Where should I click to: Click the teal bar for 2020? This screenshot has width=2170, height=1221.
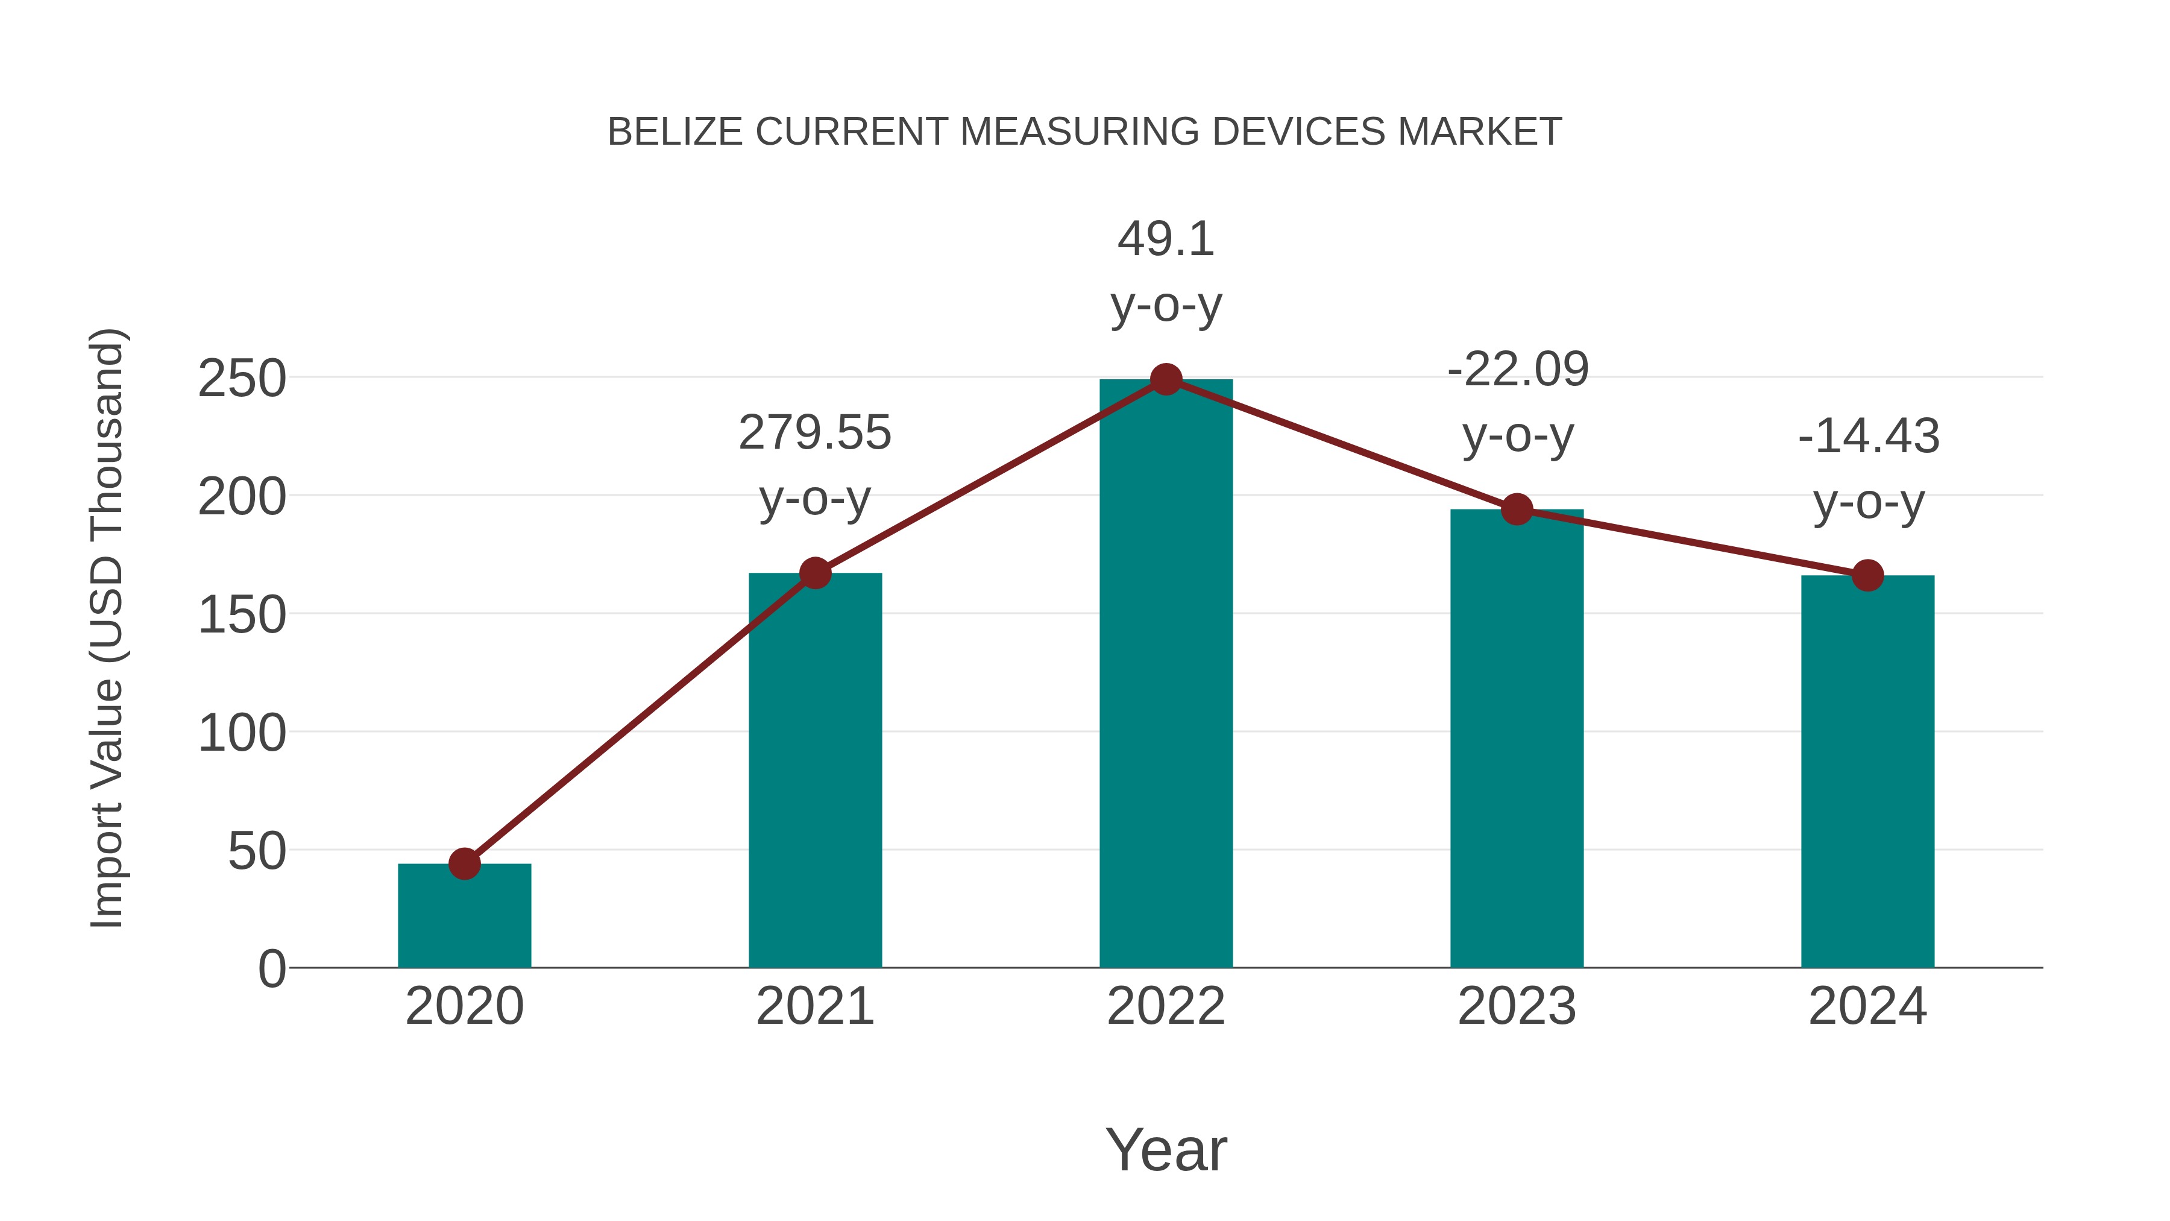tap(464, 918)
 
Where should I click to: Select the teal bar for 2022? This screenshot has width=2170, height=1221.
tap(1165, 674)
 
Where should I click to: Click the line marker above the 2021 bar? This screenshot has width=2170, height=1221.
tap(814, 573)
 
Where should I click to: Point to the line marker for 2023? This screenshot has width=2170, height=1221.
tap(1517, 509)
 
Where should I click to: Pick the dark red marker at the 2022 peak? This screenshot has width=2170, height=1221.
tap(1165, 379)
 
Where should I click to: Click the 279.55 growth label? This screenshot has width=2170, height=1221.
tap(814, 433)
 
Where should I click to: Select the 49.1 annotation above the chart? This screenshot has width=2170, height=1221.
tap(1165, 239)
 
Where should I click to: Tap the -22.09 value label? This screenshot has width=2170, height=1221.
tap(1517, 369)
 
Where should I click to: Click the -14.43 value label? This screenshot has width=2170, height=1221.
tap(1867, 437)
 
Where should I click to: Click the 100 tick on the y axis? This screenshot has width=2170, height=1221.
tap(242, 733)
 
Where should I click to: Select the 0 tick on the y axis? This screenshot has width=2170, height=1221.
tap(271, 969)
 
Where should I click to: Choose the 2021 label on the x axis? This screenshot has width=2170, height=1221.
tap(814, 1006)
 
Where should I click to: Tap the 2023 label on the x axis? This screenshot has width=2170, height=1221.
tap(1517, 1006)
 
